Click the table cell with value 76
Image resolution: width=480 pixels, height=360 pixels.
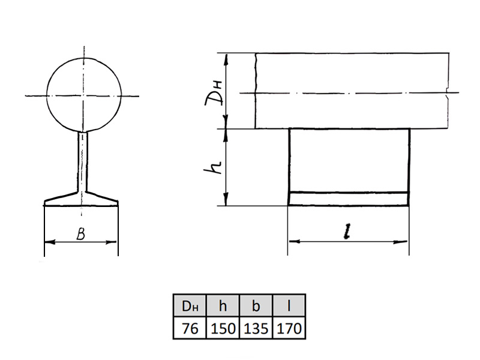pos(190,328)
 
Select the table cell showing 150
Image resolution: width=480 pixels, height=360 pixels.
pos(223,328)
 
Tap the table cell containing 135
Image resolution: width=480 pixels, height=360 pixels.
pos(256,328)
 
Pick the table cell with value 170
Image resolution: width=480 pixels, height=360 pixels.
pos(289,328)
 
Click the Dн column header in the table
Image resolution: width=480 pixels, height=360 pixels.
pos(190,305)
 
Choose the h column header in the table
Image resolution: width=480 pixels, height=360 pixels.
pos(223,305)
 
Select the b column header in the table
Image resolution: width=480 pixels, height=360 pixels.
pos(256,305)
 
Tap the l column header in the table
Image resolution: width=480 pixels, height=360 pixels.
pos(289,305)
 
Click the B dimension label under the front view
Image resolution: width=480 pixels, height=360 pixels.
pos(80,233)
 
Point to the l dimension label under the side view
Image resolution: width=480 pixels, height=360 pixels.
pos(347,231)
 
